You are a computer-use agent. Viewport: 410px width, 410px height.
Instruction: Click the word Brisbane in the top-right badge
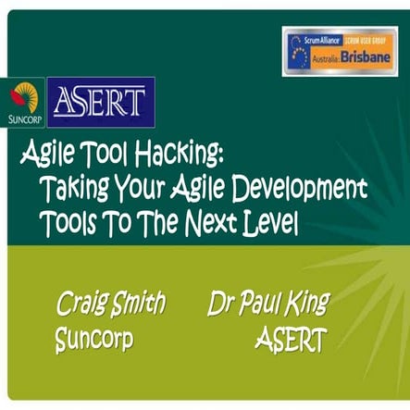coord(369,56)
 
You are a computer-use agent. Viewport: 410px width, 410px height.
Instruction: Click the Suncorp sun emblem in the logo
coord(25,94)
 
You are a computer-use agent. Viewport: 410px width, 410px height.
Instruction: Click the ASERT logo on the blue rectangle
coord(98,99)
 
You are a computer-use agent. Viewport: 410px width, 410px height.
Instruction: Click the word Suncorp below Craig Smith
coord(93,339)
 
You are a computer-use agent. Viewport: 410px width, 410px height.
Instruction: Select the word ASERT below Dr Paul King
coord(290,341)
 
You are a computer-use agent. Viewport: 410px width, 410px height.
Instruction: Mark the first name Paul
coord(262,303)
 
